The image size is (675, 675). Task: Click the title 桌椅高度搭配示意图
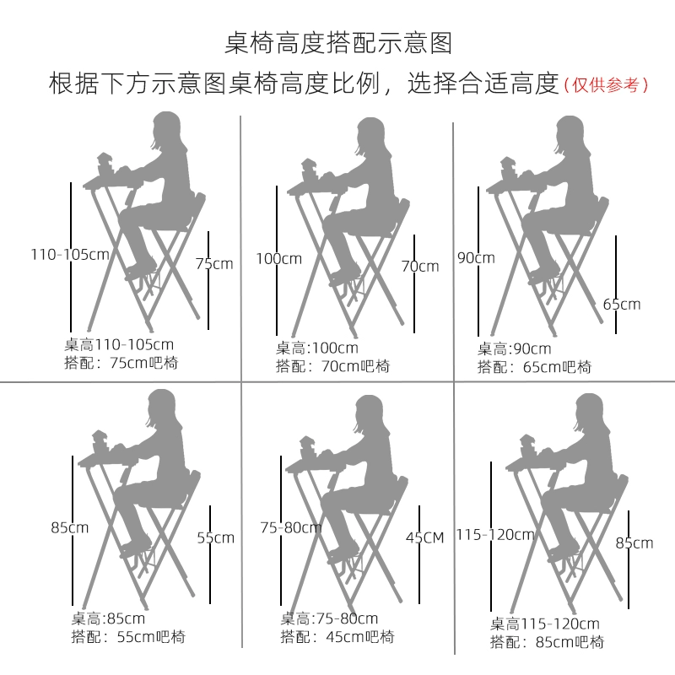[338, 43]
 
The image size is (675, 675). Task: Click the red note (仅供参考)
[606, 84]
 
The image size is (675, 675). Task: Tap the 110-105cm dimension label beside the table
[70, 255]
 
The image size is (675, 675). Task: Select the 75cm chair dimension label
[214, 263]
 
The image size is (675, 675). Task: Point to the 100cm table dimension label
[279, 259]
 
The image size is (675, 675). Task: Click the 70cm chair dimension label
[420, 266]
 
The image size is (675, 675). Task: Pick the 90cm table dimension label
[476, 258]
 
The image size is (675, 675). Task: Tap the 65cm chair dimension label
[622, 305]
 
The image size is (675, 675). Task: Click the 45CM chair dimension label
[425, 537]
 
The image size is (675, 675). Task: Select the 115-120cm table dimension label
[495, 535]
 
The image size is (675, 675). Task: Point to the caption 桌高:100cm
[317, 348]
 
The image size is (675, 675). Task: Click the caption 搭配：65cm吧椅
[534, 367]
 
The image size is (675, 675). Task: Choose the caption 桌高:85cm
[108, 618]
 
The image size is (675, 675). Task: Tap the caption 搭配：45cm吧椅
[337, 637]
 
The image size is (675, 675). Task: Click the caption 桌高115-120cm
[544, 624]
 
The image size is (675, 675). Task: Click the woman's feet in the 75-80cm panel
[343, 552]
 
